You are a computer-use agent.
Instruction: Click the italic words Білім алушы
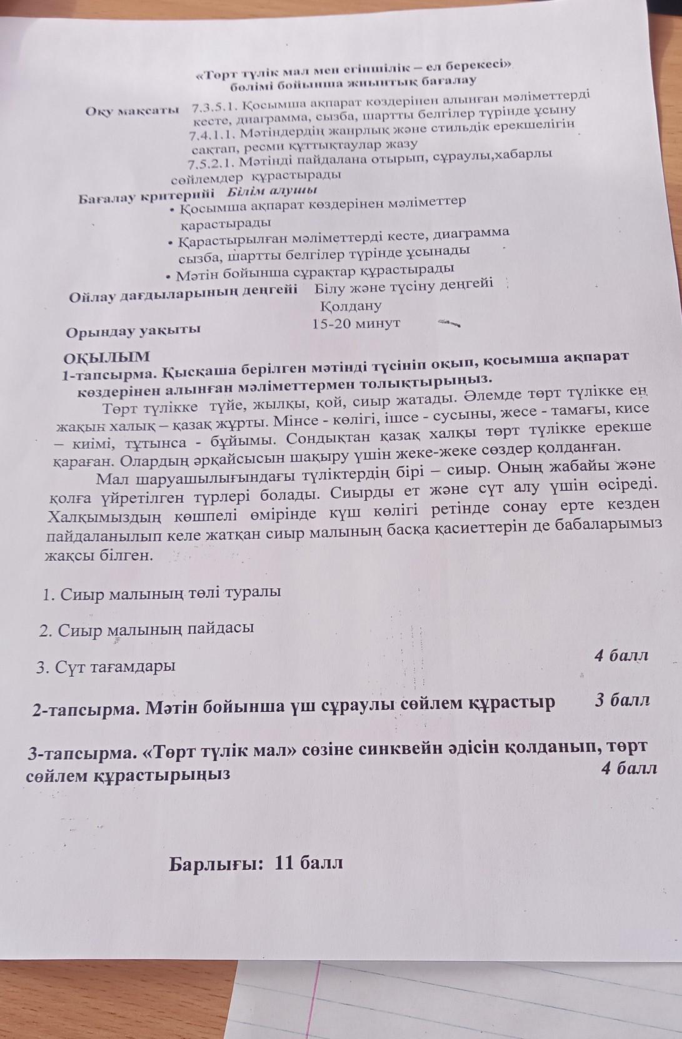[x=271, y=190]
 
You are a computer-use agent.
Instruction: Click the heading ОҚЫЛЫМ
[x=107, y=358]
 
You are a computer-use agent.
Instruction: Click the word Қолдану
[x=350, y=307]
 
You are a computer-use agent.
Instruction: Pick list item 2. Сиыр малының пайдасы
[x=146, y=629]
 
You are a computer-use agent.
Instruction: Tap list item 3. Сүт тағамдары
[x=106, y=667]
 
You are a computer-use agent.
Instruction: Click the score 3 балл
[x=622, y=700]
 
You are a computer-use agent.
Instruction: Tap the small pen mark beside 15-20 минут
[x=449, y=323]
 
